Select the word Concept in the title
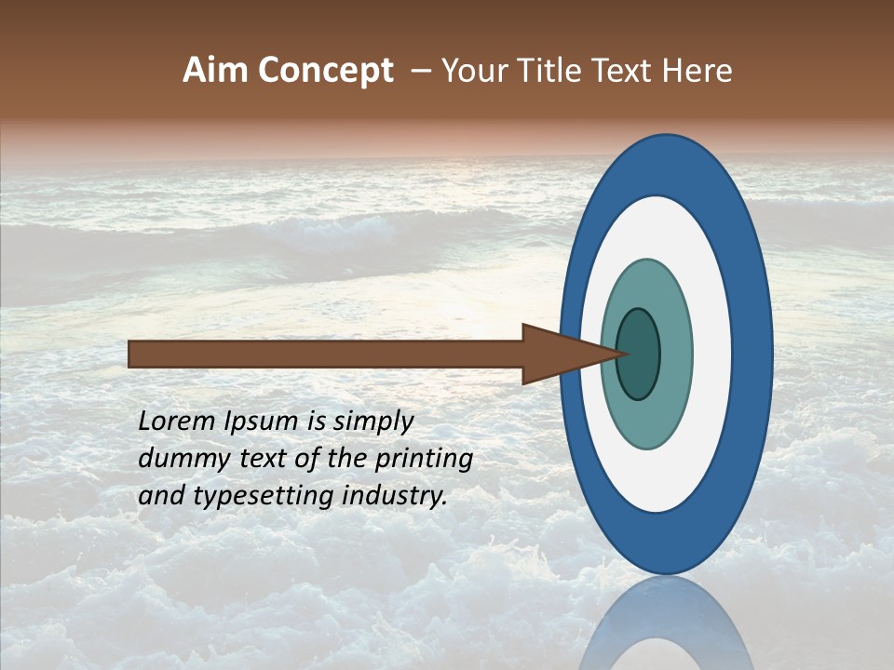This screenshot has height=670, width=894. click(325, 71)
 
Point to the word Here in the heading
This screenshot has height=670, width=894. click(698, 71)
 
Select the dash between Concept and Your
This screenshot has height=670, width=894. click(420, 71)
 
